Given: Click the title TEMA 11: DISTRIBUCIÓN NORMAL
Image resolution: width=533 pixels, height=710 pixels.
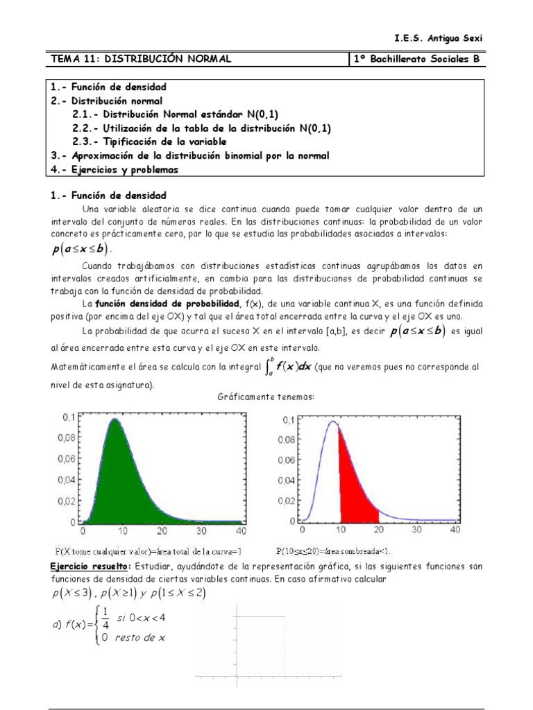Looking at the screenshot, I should pyautogui.click(x=140, y=60).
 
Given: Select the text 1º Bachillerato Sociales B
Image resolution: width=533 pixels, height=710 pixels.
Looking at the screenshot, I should pyautogui.click(x=416, y=60).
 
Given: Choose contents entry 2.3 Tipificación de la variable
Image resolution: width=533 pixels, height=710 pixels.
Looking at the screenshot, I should pyautogui.click(x=149, y=141).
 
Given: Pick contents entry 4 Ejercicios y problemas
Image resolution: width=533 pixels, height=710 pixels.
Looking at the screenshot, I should pyautogui.click(x=115, y=169).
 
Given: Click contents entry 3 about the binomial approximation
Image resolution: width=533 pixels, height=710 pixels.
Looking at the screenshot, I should pyautogui.click(x=189, y=155).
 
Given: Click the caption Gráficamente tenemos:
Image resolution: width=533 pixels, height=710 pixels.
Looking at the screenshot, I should pyautogui.click(x=266, y=396).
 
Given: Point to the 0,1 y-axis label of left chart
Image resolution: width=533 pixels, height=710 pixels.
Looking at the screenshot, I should pyautogui.click(x=69, y=418).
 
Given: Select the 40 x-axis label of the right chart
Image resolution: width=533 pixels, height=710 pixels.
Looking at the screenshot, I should pyautogui.click(x=455, y=530).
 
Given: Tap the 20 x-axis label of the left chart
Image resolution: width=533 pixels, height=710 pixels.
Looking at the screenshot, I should pyautogui.click(x=161, y=530).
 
